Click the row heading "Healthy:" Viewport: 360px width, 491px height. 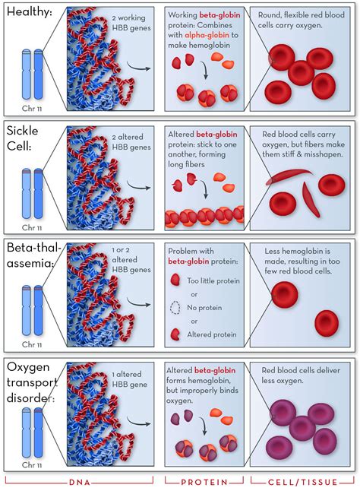[30, 14]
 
